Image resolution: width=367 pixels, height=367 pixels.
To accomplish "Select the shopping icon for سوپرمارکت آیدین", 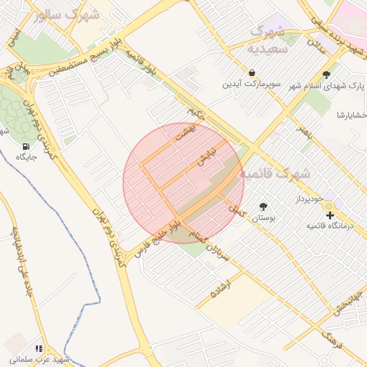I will (252, 72).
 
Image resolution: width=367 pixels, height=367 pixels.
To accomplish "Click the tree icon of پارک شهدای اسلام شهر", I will (327, 74).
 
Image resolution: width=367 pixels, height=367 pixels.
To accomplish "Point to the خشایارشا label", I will (351, 115).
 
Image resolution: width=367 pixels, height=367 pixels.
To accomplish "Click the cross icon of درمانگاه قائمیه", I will (330, 214).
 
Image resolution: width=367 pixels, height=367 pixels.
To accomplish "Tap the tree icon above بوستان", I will (264, 206).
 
